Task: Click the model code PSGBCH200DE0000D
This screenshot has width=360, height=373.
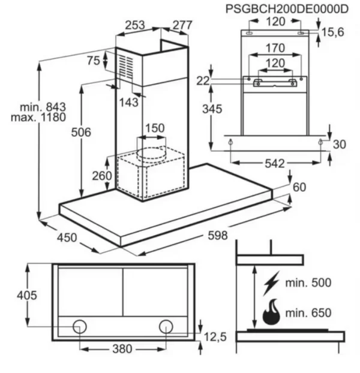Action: pyautogui.click(x=287, y=9)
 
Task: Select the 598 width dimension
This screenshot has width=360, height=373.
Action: pyautogui.click(x=218, y=236)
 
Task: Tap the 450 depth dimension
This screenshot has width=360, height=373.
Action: pyautogui.click(x=67, y=237)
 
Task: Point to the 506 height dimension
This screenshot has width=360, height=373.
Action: pyautogui.click(x=81, y=133)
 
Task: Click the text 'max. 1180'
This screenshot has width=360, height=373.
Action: pyautogui.click(x=38, y=118)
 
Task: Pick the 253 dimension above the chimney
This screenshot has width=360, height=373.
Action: pyautogui.click(x=135, y=25)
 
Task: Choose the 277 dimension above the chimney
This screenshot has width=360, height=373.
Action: pyautogui.click(x=182, y=25)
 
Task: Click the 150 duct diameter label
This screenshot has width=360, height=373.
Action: pyautogui.click(x=155, y=128)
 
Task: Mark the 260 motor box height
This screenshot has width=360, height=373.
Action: pyautogui.click(x=102, y=176)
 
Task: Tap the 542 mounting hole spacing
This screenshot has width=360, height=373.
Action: pyautogui.click(x=275, y=164)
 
